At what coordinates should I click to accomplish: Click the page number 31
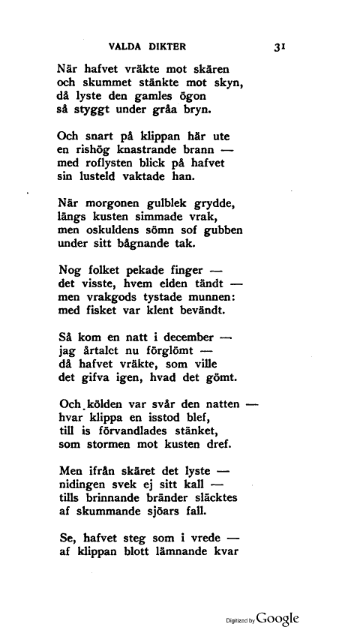click(282, 46)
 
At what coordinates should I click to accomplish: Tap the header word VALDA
click(126, 46)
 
